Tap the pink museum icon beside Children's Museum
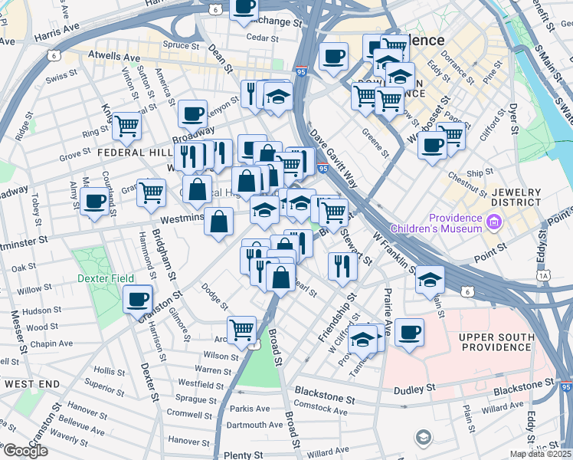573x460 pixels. (x=494, y=223)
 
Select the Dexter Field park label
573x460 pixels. (x=105, y=278)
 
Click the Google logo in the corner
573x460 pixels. (x=25, y=451)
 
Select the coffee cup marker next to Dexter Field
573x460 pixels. (x=138, y=299)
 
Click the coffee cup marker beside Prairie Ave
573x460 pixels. (x=409, y=332)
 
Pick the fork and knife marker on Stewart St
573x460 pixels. (x=342, y=265)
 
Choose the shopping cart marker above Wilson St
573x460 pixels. (x=242, y=329)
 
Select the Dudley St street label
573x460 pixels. (x=414, y=389)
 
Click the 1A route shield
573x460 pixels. (x=544, y=275)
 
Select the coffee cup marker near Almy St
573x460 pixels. (x=95, y=202)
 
